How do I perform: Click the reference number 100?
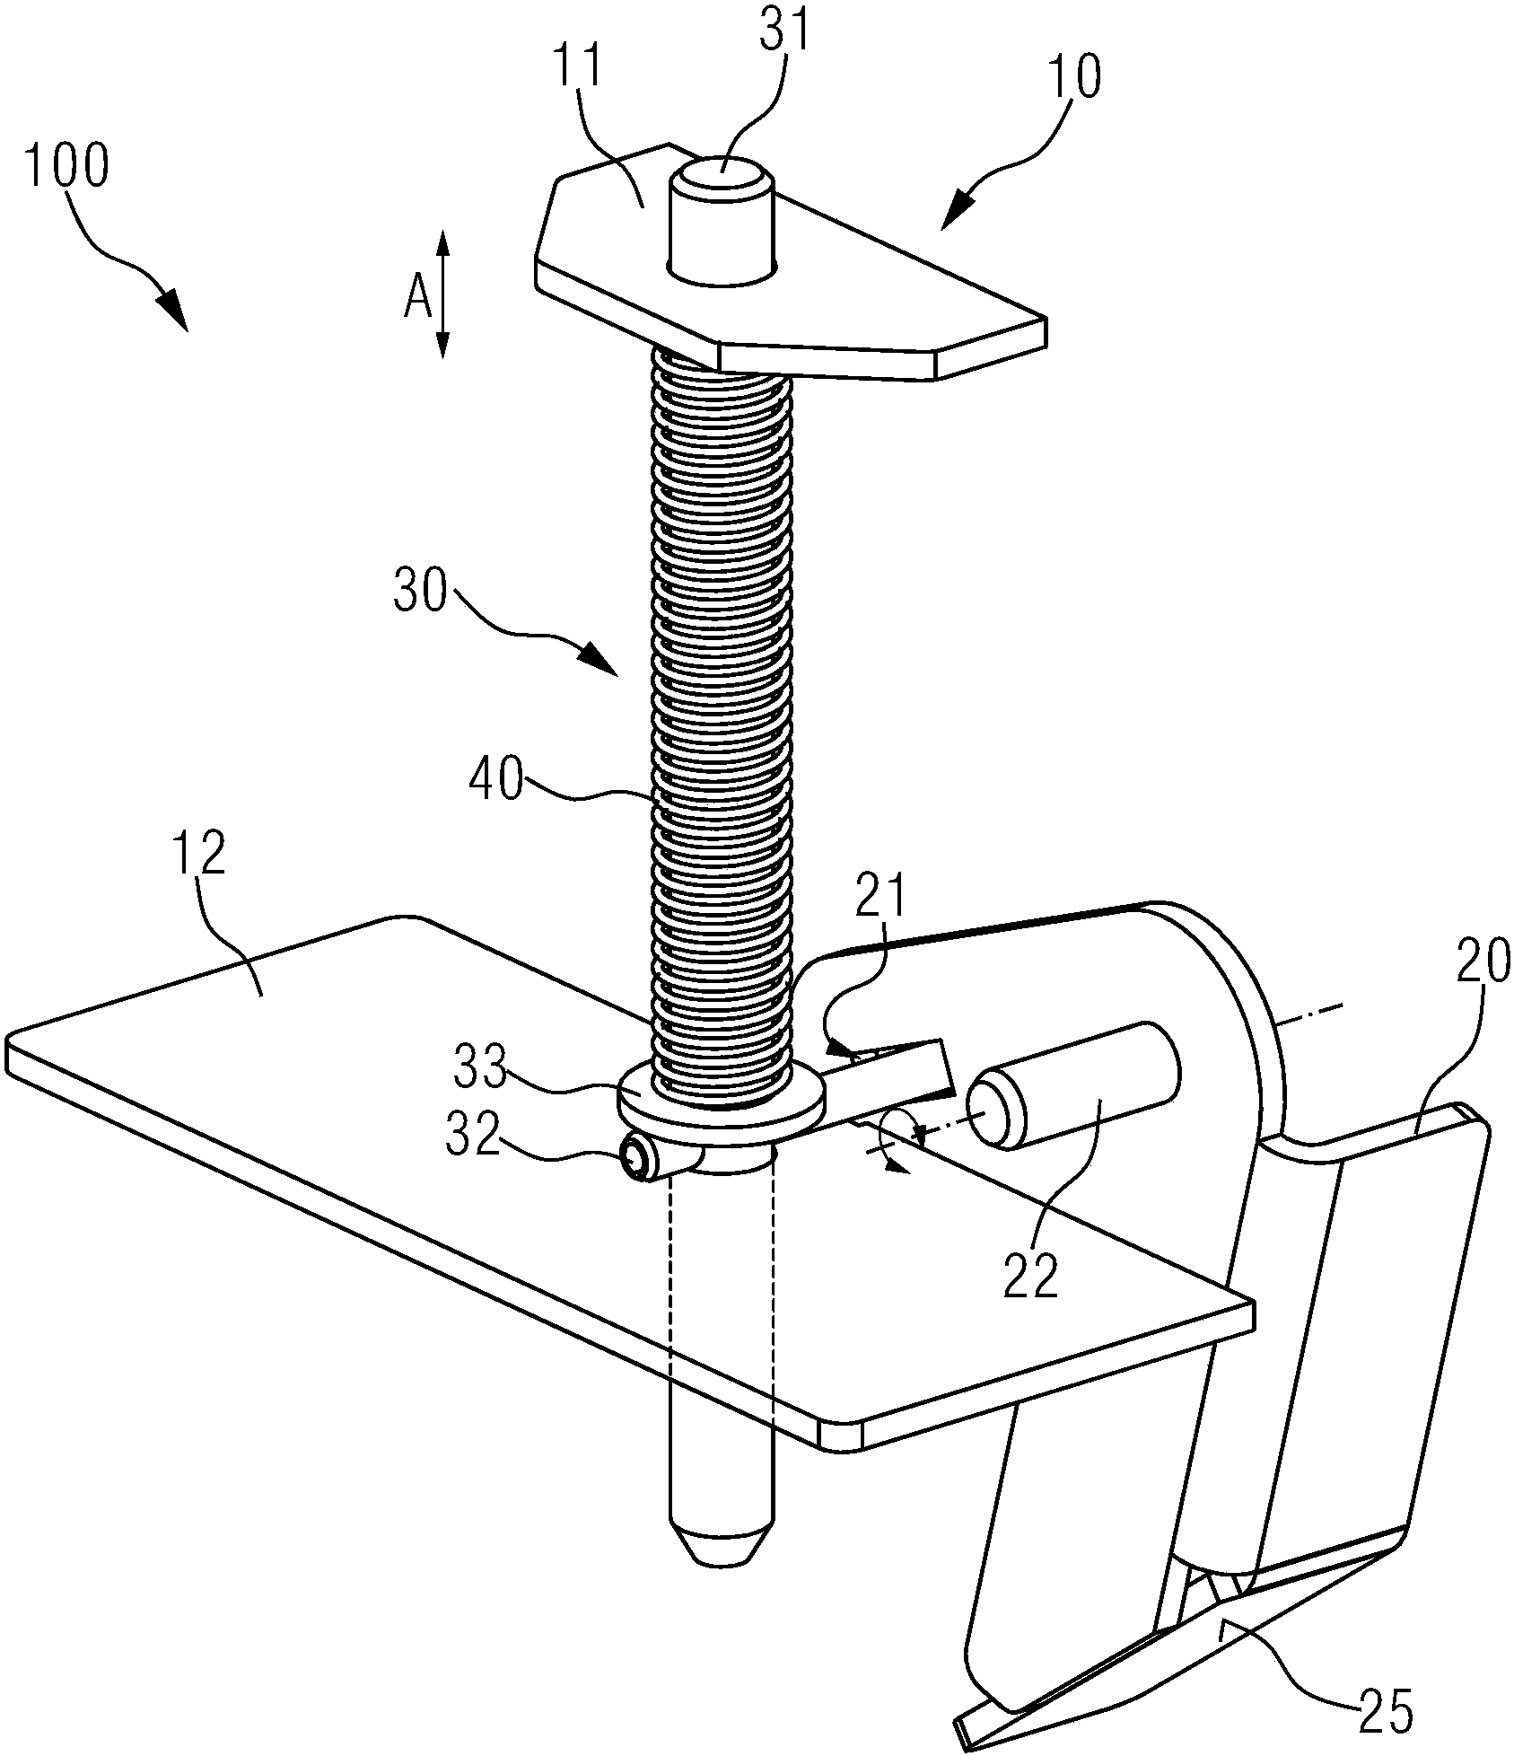(x=67, y=166)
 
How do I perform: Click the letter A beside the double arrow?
(x=417, y=297)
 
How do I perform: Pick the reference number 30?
(x=420, y=592)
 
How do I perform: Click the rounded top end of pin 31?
(x=721, y=172)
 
